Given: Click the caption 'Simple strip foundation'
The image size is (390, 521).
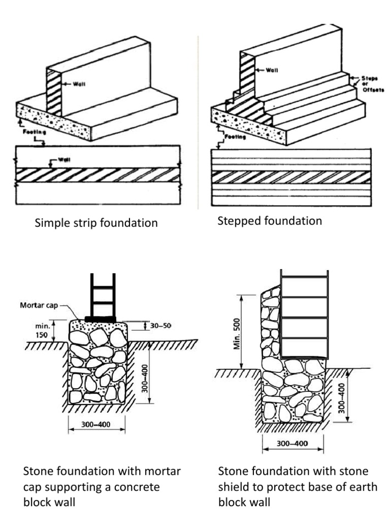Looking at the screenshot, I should [x=95, y=223].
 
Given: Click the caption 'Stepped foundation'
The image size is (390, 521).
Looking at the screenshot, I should [x=270, y=221].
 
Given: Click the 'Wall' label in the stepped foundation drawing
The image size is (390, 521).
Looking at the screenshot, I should [x=272, y=70].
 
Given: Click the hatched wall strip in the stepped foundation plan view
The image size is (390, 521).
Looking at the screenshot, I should [x=290, y=178].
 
